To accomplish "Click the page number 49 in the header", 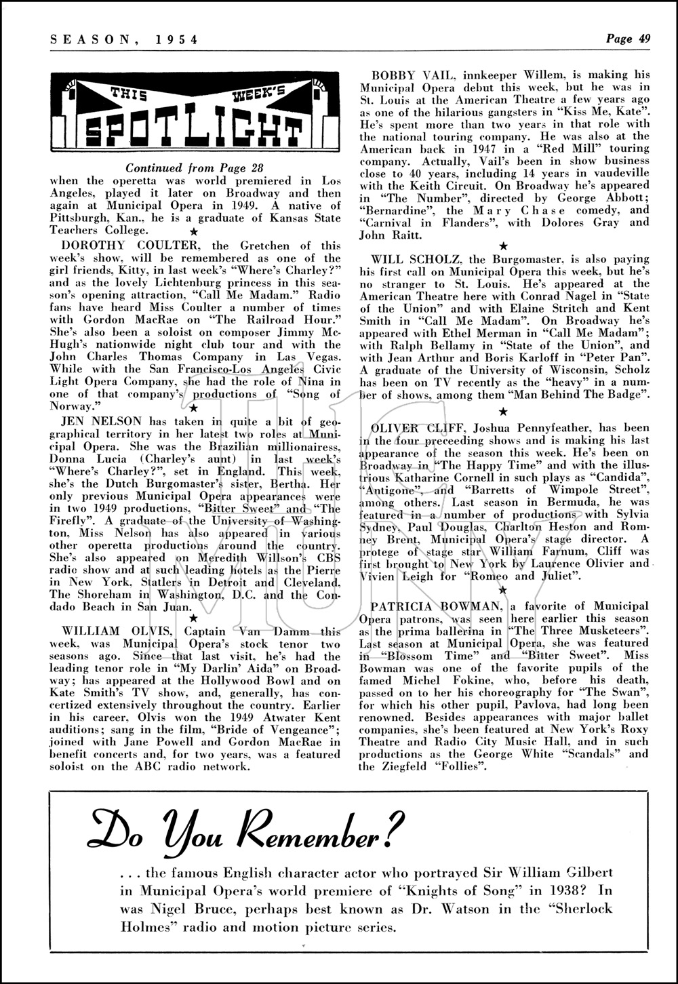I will (x=644, y=39).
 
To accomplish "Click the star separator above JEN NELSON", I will (x=194, y=408).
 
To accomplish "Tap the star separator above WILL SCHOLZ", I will (x=502, y=245).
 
